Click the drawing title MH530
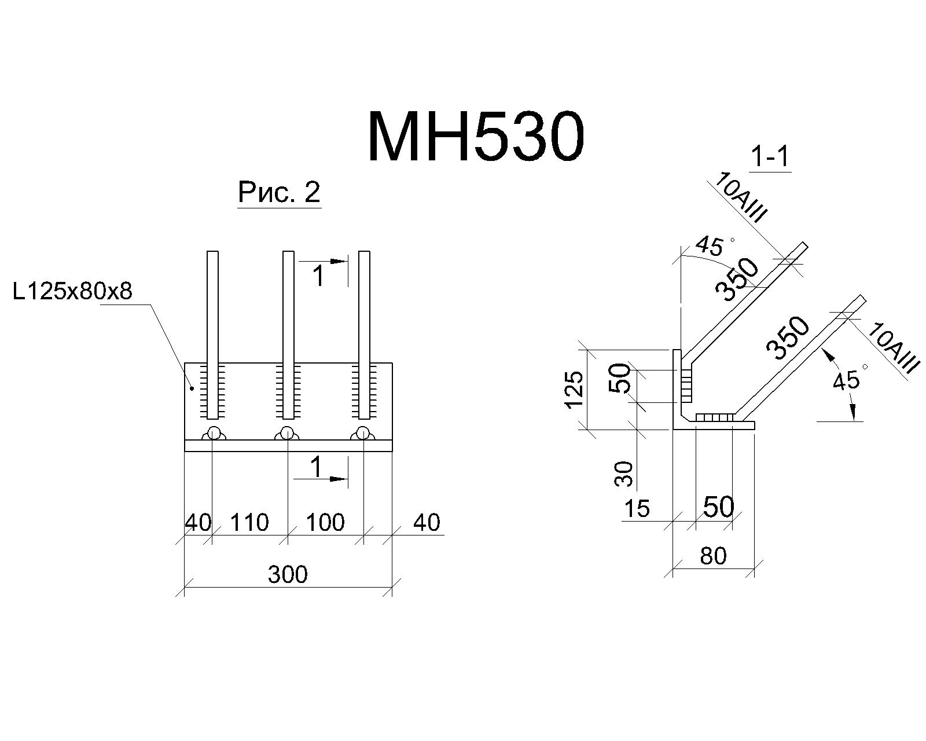(x=476, y=137)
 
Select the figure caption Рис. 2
(x=280, y=192)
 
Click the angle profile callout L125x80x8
(x=72, y=291)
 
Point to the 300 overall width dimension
(x=288, y=574)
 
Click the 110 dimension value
(x=249, y=522)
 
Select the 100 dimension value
(x=325, y=522)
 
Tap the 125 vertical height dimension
(x=574, y=389)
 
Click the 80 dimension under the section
(x=713, y=556)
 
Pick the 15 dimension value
(x=637, y=508)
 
